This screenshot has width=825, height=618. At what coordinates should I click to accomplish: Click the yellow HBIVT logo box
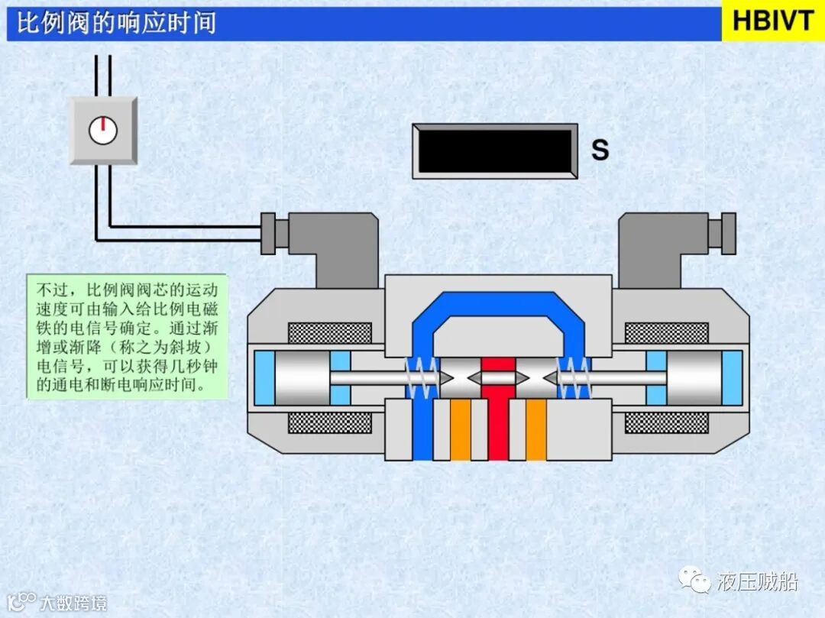click(x=773, y=21)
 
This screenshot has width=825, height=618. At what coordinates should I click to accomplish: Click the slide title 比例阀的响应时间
click(x=117, y=23)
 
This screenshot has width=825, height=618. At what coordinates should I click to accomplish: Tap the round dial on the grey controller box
click(x=102, y=131)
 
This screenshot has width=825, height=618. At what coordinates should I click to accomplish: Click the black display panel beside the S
click(x=494, y=151)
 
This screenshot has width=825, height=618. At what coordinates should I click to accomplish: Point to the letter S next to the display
click(x=600, y=150)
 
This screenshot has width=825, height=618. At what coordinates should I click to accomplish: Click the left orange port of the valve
click(x=460, y=430)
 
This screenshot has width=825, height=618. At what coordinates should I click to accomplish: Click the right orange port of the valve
click(x=536, y=430)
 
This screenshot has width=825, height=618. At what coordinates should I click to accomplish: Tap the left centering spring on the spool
click(x=422, y=377)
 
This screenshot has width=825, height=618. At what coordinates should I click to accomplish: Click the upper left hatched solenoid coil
click(x=329, y=333)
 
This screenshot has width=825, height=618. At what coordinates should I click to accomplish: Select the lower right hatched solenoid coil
click(x=666, y=422)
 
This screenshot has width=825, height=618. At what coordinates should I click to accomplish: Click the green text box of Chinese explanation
click(x=128, y=336)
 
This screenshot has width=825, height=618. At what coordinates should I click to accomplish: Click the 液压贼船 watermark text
click(x=757, y=582)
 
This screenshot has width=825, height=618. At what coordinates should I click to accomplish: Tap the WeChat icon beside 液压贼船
click(x=697, y=582)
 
